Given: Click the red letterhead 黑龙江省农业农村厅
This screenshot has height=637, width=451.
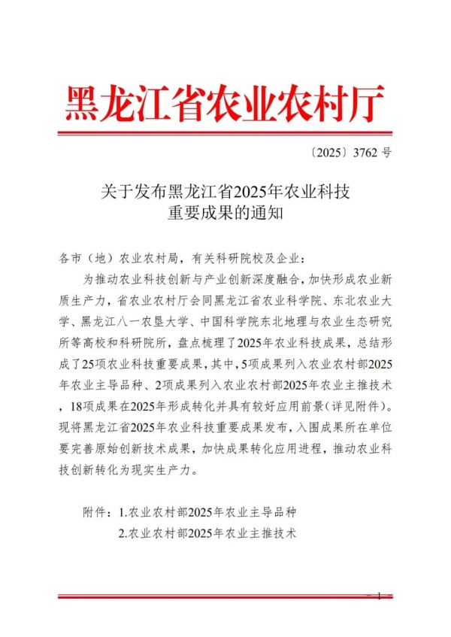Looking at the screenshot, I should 225,103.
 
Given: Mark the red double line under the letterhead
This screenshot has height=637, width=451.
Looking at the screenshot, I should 225,133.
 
